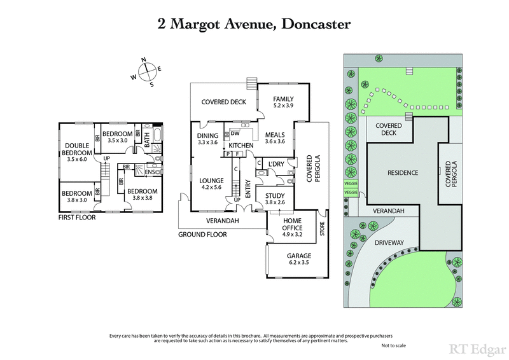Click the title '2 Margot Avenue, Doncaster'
point(254,25)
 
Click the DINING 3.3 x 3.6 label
point(208,139)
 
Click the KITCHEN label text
point(241,146)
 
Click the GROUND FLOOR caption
point(202,234)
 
